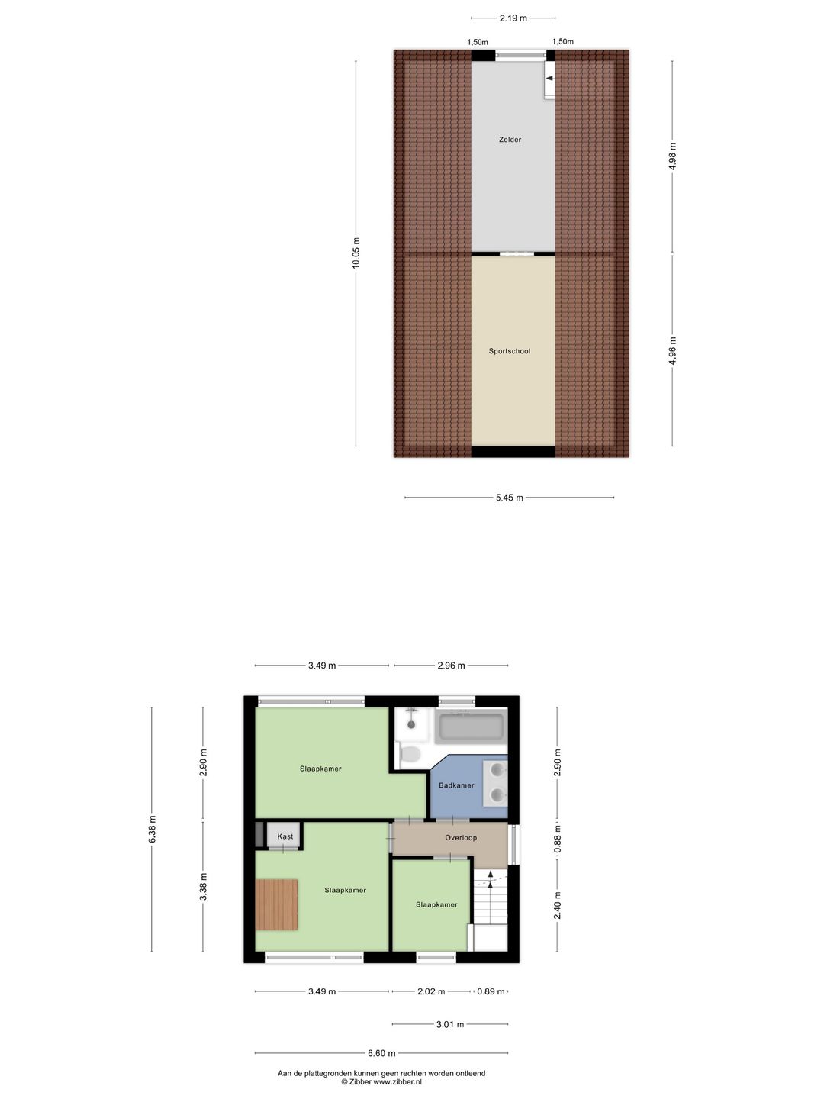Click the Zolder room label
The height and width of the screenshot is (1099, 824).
tap(510, 140)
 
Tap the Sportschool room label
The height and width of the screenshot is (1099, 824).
tap(509, 351)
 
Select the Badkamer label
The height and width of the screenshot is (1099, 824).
tap(456, 785)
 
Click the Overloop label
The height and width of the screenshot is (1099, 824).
tap(461, 837)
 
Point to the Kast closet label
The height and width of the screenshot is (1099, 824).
tap(285, 836)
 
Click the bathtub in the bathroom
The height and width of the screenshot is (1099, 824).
tap(470, 726)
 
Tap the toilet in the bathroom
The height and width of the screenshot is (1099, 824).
tap(410, 755)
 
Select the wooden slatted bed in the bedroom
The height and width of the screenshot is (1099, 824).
tap(276, 904)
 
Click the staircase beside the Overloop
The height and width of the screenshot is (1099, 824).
tap(490, 901)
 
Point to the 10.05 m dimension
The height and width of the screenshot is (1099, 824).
tap(356, 253)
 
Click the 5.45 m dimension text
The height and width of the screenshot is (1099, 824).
tap(509, 498)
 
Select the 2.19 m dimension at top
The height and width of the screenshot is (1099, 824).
tap(513, 18)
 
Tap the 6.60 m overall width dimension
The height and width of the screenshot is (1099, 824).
tap(381, 1053)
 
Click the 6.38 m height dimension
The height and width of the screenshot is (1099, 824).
tap(153, 830)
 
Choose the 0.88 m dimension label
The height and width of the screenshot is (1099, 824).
tap(557, 838)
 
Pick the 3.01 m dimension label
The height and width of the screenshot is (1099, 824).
tap(449, 1024)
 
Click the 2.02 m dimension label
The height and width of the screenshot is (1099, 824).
tap(431, 991)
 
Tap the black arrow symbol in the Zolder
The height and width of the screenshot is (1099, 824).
tap(549, 78)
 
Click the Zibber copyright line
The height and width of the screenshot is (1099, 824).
tap(381, 1081)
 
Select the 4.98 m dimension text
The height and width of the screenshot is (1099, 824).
tap(672, 156)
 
